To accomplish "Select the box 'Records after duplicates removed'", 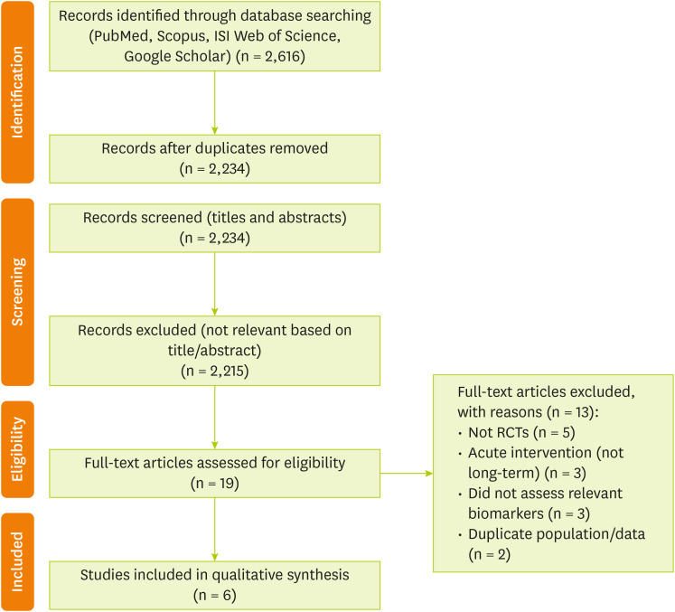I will click(215, 157).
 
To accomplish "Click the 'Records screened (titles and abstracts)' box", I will click(215, 226).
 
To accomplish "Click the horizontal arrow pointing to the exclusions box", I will click(408, 472).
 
